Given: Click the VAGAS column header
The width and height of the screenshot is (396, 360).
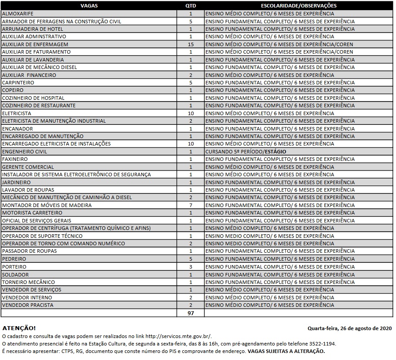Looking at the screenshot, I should click(x=89, y=6).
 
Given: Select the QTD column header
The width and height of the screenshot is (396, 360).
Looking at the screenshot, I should click(x=191, y=6).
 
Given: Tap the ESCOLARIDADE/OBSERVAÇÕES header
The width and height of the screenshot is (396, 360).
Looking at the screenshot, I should click(x=298, y=6).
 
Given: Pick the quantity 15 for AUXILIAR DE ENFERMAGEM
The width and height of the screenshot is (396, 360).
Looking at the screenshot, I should click(x=191, y=44).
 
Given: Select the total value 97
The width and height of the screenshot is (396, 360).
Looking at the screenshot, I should click(x=191, y=313).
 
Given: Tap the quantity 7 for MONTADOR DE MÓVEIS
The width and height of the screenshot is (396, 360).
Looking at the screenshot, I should click(x=191, y=205).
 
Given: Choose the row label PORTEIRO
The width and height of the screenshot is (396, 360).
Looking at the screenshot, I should click(x=14, y=267).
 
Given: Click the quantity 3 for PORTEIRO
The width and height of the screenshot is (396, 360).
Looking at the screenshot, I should click(x=191, y=267).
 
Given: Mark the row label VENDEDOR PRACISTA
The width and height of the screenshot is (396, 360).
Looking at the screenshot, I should click(x=28, y=305).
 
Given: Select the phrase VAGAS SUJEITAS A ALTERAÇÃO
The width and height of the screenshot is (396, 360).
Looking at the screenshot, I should click(x=286, y=351).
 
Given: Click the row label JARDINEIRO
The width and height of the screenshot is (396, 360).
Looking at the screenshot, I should click(x=16, y=182).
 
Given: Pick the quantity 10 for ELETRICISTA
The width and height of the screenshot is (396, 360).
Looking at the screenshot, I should click(x=191, y=113).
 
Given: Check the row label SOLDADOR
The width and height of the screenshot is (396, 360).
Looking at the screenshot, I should click(x=15, y=275).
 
